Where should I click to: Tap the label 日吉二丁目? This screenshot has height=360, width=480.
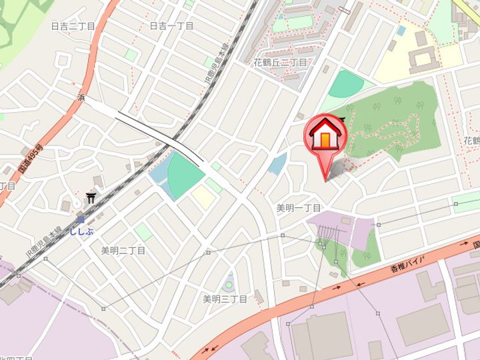[x=74, y=27]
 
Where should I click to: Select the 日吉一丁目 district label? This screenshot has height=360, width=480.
[x=171, y=26]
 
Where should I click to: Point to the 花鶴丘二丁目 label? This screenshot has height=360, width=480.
[x=280, y=63]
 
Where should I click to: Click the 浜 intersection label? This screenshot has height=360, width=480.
[x=81, y=97]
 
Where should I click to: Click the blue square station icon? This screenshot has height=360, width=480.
[x=80, y=219]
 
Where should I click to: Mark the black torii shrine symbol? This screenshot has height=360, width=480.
[x=91, y=198]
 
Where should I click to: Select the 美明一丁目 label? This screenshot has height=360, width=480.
[x=299, y=208]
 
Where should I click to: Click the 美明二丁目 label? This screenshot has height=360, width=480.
[x=123, y=251]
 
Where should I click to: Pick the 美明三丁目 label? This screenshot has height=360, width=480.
[x=225, y=299]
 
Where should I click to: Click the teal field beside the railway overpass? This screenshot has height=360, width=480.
[x=185, y=174]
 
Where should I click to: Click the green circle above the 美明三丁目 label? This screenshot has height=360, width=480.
[x=229, y=283]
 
